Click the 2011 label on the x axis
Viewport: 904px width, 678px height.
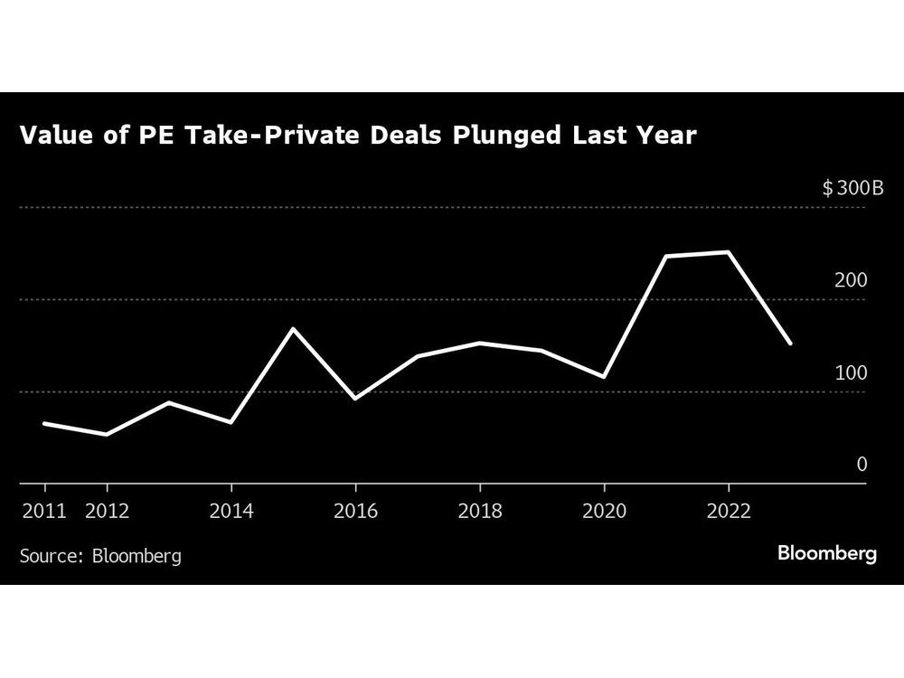click(44, 512)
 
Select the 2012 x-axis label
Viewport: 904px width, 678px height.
click(107, 512)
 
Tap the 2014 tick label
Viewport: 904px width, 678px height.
click(231, 512)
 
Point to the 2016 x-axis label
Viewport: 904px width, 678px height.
click(355, 512)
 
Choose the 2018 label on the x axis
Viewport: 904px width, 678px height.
click(480, 512)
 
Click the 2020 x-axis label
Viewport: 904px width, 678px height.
click(604, 512)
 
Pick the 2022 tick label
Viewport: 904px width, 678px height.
click(729, 512)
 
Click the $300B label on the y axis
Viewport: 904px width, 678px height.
click(844, 188)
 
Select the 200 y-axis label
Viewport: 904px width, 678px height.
click(851, 280)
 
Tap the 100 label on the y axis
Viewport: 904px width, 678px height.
click(851, 372)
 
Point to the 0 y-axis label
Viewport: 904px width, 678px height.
click(862, 465)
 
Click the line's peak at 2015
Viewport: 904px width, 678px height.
click(294, 328)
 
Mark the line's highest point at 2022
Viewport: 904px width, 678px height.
click(729, 252)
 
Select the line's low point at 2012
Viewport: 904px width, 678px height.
click(107, 435)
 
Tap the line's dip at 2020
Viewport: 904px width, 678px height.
click(604, 377)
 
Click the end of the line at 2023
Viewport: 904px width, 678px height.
click(791, 344)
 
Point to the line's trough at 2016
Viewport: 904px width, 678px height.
click(355, 399)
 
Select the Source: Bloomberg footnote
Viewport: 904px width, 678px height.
click(100, 555)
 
